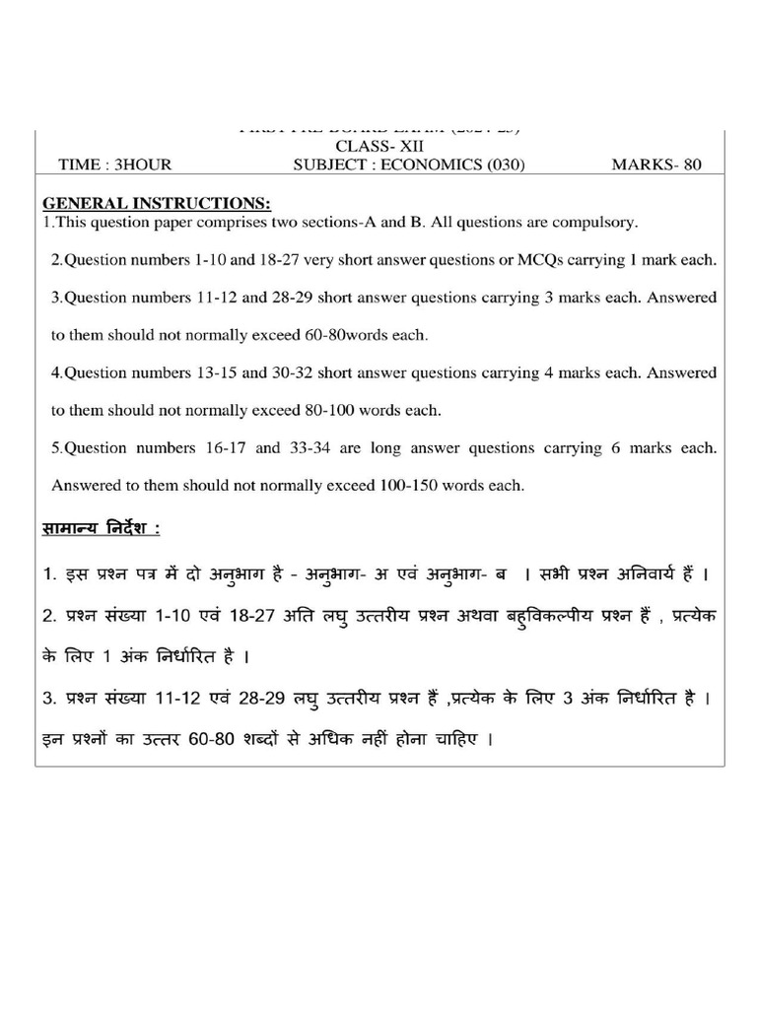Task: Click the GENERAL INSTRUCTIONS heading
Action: pos(156,204)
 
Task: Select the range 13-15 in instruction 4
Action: pos(211,372)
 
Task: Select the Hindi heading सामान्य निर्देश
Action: pos(101,529)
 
